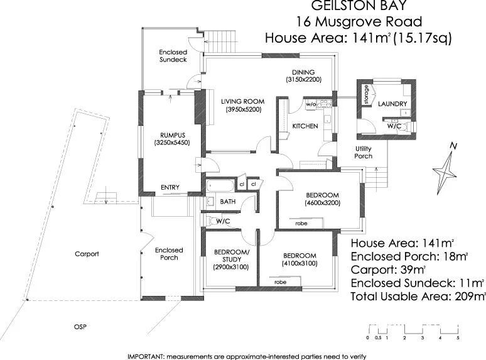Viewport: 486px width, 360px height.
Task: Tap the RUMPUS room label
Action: coord(171,134)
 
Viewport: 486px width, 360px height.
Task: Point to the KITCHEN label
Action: coord(305,126)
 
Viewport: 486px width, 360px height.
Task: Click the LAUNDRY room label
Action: coord(392,104)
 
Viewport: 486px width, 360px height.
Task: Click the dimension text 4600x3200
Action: coord(322,203)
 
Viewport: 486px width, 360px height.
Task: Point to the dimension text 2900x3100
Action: coord(231,268)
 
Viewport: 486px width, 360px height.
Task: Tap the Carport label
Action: coord(87,254)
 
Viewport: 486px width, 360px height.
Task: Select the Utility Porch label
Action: coord(364,152)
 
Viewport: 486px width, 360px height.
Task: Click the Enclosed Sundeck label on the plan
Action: coord(173,57)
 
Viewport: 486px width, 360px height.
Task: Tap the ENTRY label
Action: coord(170,187)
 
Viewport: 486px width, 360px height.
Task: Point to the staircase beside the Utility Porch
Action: coord(377,179)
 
